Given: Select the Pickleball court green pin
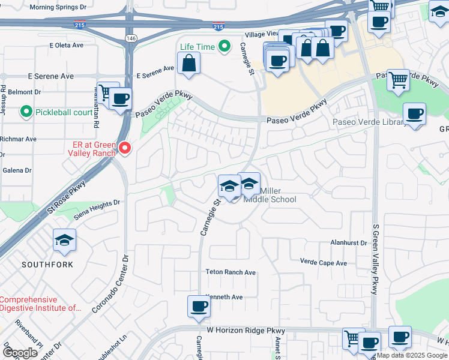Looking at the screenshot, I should pos(26,112).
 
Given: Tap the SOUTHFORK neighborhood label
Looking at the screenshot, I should pos(48,264).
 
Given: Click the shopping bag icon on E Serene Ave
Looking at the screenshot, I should pos(189,63).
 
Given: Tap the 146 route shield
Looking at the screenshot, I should pos(130,38).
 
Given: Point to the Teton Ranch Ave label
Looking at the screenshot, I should pos(231,272).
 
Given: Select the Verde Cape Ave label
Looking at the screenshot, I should pos(324,263).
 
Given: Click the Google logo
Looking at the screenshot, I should pos(20,352).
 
